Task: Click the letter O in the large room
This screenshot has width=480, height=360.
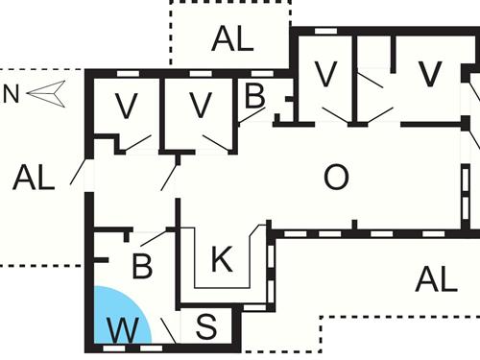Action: [336, 177]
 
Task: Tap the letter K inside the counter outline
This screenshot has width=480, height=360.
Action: [220, 258]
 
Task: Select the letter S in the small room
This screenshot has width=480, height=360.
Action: [206, 325]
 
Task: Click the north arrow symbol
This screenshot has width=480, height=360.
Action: [45, 93]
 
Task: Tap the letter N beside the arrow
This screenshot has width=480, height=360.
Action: [12, 93]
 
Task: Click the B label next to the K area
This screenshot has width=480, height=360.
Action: [142, 265]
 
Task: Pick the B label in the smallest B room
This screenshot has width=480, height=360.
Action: [254, 96]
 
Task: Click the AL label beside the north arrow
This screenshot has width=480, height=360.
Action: [34, 177]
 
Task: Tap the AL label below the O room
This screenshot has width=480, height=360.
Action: [436, 279]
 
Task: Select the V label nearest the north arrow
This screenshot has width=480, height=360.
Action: [127, 106]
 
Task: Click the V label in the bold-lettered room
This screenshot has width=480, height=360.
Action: [429, 72]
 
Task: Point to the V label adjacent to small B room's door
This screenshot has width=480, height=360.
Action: [200, 105]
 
